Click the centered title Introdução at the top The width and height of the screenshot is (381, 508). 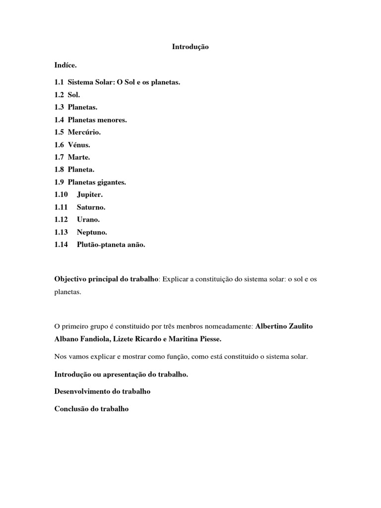click(x=190, y=47)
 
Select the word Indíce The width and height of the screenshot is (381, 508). click(x=65, y=65)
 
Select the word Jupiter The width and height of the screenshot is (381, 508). click(x=90, y=195)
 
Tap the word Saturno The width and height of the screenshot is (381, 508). click(x=91, y=207)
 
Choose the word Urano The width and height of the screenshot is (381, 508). click(x=88, y=220)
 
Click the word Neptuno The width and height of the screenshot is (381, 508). click(x=92, y=232)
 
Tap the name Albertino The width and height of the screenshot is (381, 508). click(x=274, y=326)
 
